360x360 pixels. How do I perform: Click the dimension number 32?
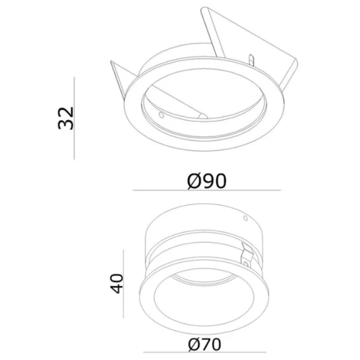tap(66, 117)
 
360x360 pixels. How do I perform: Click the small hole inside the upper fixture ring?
tap(161, 115)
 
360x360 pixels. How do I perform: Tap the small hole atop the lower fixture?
tap(243, 219)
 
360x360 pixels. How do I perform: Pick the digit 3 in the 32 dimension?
tap(66, 125)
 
